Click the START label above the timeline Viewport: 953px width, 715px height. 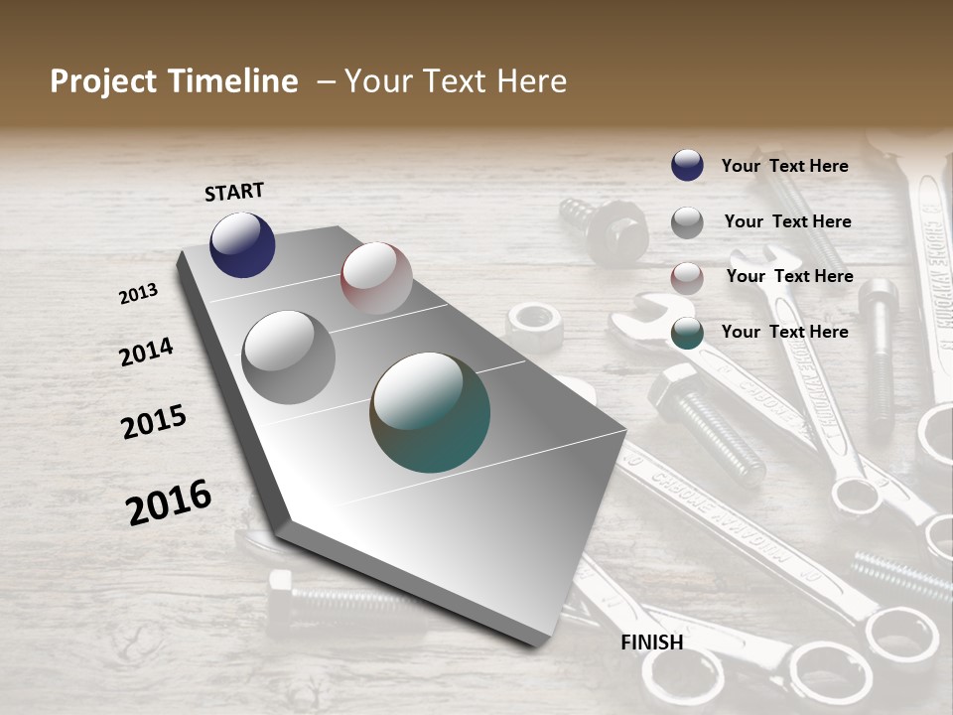(234, 192)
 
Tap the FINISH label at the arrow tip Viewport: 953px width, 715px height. (652, 643)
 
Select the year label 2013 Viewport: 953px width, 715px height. (139, 294)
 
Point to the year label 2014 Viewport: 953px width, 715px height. (147, 353)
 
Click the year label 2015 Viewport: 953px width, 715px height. (154, 422)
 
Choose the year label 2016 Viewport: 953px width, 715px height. (169, 502)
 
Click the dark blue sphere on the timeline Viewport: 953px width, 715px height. (242, 244)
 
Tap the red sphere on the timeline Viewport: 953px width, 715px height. (376, 278)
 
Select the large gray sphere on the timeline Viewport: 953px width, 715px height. (289, 357)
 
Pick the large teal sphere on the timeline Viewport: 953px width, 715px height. (430, 412)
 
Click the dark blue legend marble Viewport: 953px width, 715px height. (687, 165)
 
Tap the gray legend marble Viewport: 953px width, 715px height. (687, 222)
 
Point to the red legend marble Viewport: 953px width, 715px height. (687, 278)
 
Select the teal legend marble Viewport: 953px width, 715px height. (687, 333)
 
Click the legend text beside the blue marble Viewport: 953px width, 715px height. (784, 166)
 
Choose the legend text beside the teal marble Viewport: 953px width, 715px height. (784, 332)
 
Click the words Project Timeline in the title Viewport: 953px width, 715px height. (174, 81)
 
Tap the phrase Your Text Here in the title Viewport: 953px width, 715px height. (456, 81)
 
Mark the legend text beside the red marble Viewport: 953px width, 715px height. (789, 276)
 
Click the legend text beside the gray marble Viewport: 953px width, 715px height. (787, 221)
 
